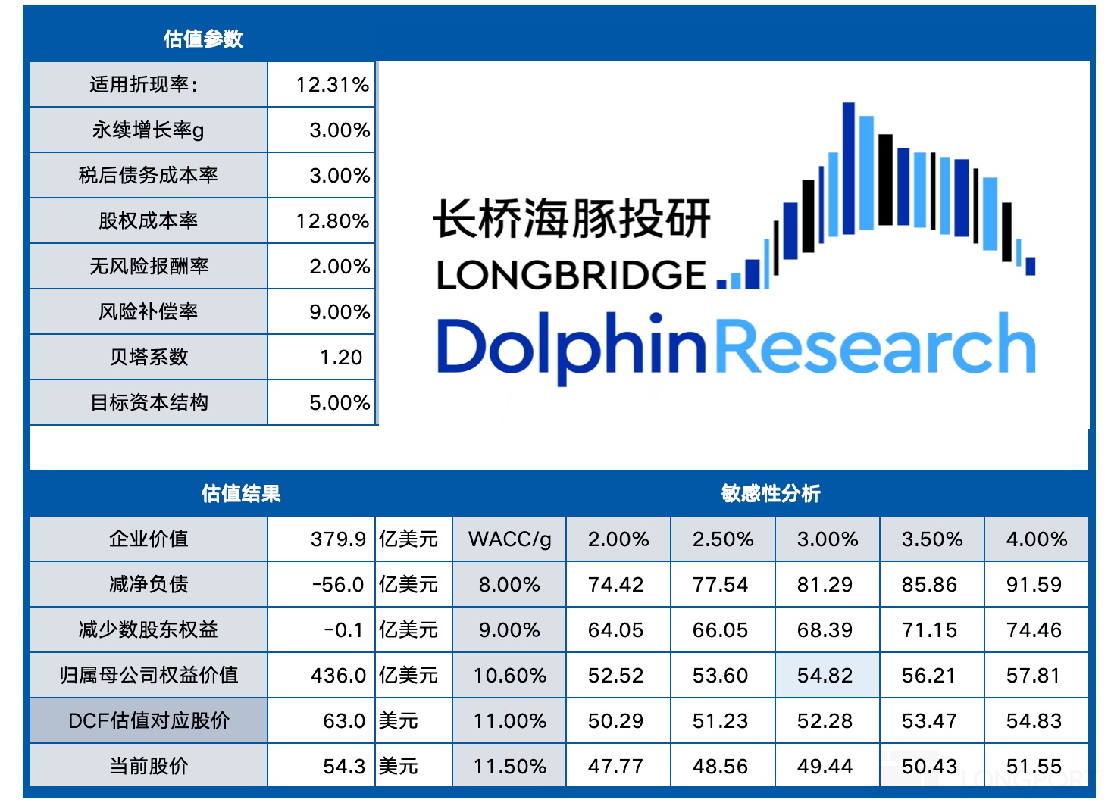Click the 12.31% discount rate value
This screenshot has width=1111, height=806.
pyautogui.click(x=332, y=85)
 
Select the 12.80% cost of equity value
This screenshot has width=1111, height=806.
pyautogui.click(x=332, y=221)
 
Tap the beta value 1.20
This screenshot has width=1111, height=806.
pyautogui.click(x=341, y=358)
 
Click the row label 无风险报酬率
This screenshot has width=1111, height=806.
pyautogui.click(x=149, y=267)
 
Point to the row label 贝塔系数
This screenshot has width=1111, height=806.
pyautogui.click(x=149, y=358)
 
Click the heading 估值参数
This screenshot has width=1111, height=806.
pyautogui.click(x=203, y=39)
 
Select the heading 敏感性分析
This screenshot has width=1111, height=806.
pyautogui.click(x=771, y=494)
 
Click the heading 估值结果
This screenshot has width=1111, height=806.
pyautogui.click(x=241, y=494)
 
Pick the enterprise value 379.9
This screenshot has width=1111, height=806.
pyautogui.click(x=338, y=539)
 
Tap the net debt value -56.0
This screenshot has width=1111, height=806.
pyautogui.click(x=338, y=585)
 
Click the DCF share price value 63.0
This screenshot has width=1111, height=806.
pyautogui.click(x=344, y=721)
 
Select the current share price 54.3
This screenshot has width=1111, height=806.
pyautogui.click(x=344, y=767)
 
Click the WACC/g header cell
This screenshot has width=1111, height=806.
pyautogui.click(x=510, y=539)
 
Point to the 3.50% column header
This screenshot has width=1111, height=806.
pyautogui.click(x=932, y=539)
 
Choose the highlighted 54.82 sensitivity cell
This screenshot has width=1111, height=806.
pyautogui.click(x=825, y=676)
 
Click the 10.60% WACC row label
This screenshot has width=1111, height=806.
pyautogui.click(x=510, y=676)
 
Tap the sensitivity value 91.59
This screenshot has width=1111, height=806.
pyautogui.click(x=1034, y=585)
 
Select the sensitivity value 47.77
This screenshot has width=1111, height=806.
pyautogui.click(x=615, y=767)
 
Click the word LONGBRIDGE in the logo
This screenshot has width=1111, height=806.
pyautogui.click(x=571, y=275)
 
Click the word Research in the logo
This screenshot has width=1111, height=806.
pyautogui.click(x=875, y=345)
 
